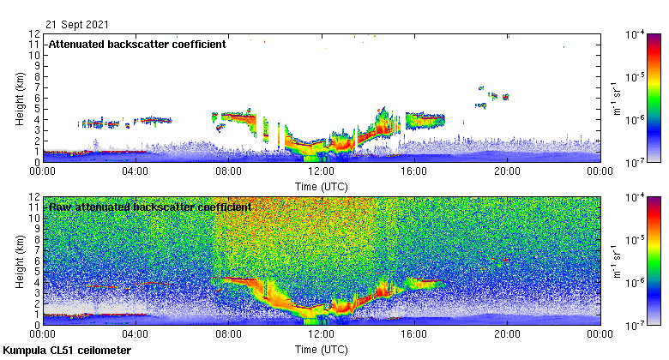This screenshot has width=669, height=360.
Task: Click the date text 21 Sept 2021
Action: click(x=77, y=24)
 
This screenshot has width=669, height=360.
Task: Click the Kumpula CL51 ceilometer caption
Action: click(x=68, y=351)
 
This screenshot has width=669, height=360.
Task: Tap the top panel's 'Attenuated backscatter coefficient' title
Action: click(x=137, y=44)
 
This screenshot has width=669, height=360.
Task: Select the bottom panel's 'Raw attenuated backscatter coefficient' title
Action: click(x=149, y=207)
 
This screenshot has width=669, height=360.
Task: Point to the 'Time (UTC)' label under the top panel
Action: click(x=322, y=185)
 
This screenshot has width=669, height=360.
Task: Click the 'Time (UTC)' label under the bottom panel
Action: click(x=322, y=350)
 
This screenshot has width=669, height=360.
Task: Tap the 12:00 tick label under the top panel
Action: click(x=322, y=171)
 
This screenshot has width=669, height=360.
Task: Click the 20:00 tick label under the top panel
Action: click(x=507, y=171)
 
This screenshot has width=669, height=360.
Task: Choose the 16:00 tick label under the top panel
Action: click(x=414, y=171)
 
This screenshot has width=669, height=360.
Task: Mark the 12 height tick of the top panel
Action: click(x=35, y=34)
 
